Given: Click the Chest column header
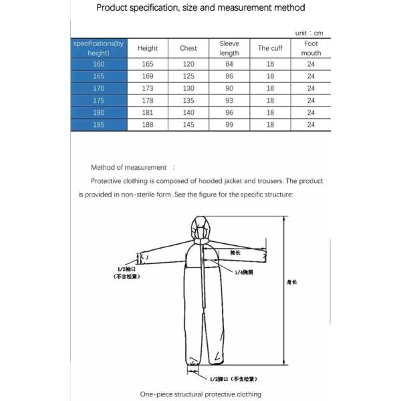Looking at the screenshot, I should point(188,48).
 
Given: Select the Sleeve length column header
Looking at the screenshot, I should point(229,48).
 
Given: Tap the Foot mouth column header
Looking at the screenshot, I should point(311,48).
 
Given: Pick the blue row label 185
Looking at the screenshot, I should point(98,124).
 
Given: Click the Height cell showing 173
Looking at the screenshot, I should point(148,89).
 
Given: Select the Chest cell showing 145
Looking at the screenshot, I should point(188,124).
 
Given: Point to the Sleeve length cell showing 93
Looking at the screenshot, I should point(229,101).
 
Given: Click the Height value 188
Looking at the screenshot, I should point(148,124).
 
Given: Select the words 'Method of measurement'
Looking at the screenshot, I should point(129,168).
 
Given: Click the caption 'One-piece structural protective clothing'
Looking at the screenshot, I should point(200,394).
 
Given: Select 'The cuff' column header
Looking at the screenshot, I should point(270,48).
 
